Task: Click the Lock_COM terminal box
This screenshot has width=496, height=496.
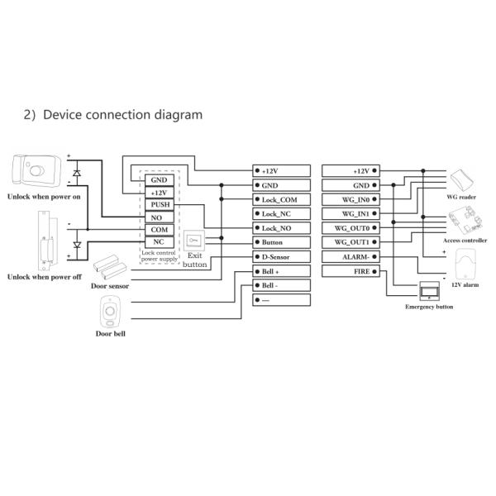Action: [x=281, y=199]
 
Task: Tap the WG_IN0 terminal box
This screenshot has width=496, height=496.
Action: [x=352, y=199]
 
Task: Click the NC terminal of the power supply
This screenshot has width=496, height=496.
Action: [x=160, y=241]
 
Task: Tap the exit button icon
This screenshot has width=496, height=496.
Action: [x=193, y=241]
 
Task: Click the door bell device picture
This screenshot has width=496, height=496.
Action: [x=107, y=312]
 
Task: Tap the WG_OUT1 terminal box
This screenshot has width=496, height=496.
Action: [x=352, y=241]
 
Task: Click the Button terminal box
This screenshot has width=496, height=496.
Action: [x=281, y=241]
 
